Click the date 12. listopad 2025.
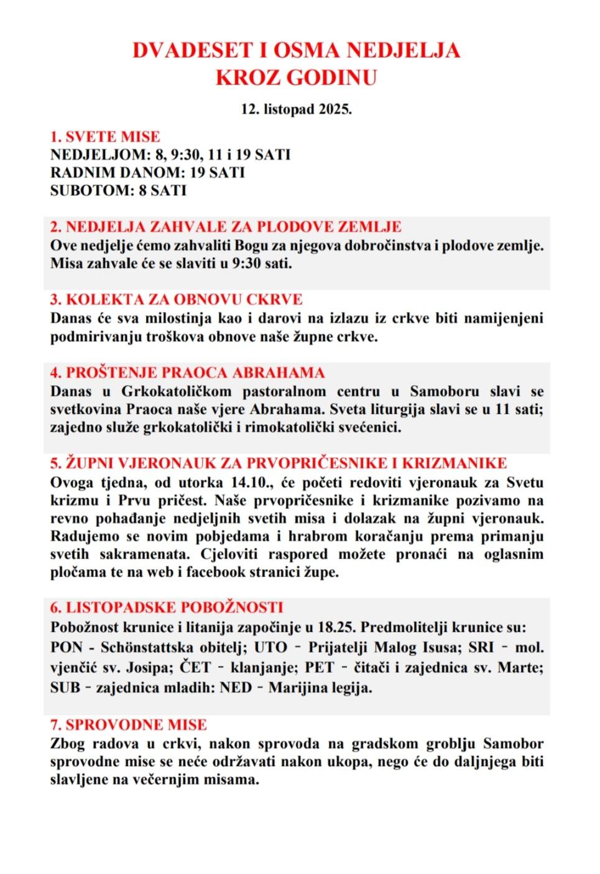pyautogui.click(x=297, y=109)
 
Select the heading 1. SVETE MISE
pyautogui.click(x=105, y=137)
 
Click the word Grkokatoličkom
pyautogui.click(x=177, y=391)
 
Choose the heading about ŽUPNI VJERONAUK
pyautogui.click(x=278, y=463)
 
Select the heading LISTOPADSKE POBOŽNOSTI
pyautogui.click(x=167, y=608)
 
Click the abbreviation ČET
pyautogui.click(x=195, y=668)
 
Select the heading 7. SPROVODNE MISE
pyautogui.click(x=128, y=725)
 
